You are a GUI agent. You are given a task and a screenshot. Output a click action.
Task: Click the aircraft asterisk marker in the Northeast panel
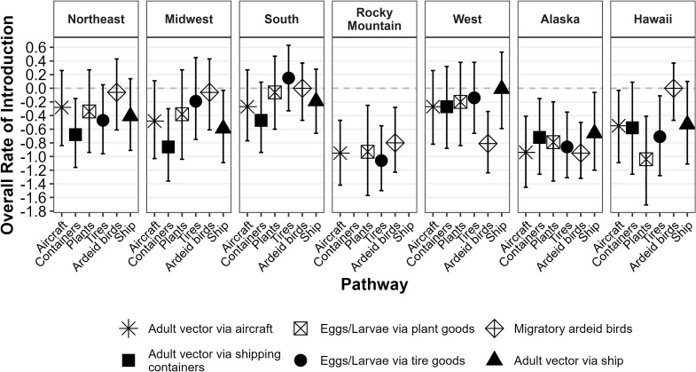click(61, 107)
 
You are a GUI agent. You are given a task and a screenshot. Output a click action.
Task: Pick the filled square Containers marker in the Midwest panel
click(168, 146)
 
